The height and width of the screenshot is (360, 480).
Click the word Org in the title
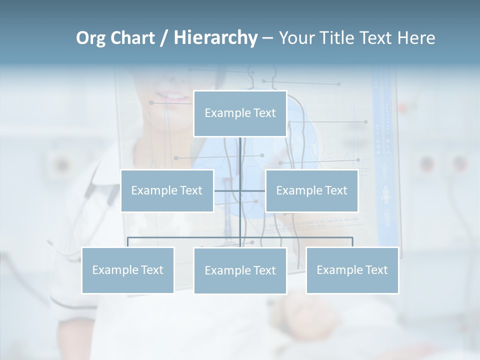pyautogui.click(x=90, y=38)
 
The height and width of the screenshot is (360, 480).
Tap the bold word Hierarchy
pyautogui.click(x=215, y=38)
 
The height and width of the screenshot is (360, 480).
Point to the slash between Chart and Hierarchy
pyautogui.click(x=164, y=38)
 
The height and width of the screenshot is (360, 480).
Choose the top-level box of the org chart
pyautogui.click(x=240, y=113)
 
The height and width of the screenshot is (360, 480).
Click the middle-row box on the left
pyautogui.click(x=167, y=190)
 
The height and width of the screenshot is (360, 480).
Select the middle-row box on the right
pyautogui.click(x=311, y=190)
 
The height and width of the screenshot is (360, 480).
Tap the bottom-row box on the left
pyautogui.click(x=128, y=270)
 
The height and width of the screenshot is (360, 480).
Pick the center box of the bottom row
pyautogui.click(x=240, y=270)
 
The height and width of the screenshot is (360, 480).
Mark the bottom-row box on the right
pyautogui.click(x=352, y=270)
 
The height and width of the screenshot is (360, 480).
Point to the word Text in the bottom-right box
pyautogui.click(x=376, y=270)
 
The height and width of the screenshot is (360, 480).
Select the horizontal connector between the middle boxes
pyautogui.click(x=240, y=190)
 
